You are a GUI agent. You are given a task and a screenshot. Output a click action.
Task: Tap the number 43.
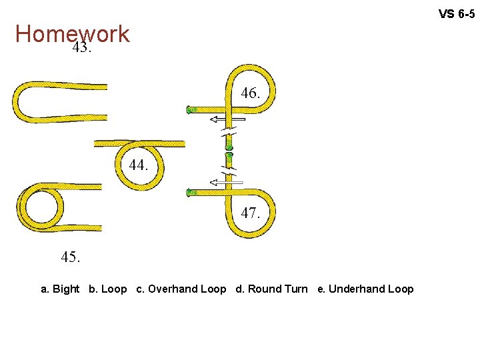[81, 48]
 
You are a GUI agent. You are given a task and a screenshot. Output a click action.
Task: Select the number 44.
[139, 165]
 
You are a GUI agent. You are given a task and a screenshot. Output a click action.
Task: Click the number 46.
[250, 94]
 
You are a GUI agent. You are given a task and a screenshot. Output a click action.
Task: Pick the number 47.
[250, 213]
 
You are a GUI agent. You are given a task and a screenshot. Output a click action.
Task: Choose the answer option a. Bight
[60, 289]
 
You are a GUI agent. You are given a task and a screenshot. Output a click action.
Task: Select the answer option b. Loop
[107, 289]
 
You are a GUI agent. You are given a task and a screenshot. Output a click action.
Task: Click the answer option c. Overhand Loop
[181, 289]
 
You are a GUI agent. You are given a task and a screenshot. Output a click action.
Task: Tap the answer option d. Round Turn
[271, 289]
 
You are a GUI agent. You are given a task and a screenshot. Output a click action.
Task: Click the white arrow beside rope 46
[227, 119]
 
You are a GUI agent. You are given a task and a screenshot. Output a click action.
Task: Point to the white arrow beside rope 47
[227, 181]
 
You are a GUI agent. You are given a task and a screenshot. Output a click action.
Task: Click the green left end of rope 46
[189, 109]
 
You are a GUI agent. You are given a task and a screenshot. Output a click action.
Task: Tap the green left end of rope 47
[190, 193]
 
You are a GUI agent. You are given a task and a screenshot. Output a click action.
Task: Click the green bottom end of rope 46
[229, 144]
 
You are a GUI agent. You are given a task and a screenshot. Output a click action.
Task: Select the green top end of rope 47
[229, 157]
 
